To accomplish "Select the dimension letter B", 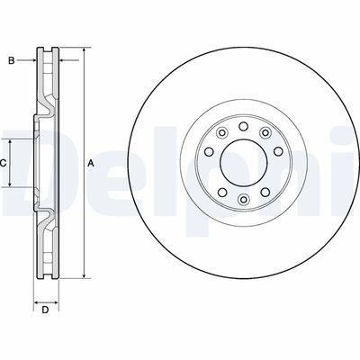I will (11, 61).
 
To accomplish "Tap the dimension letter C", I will (4, 163).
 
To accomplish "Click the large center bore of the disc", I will (242, 162).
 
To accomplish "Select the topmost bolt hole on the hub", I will (242, 124).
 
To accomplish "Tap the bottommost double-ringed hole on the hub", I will (242, 200).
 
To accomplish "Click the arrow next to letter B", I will (33, 61).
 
